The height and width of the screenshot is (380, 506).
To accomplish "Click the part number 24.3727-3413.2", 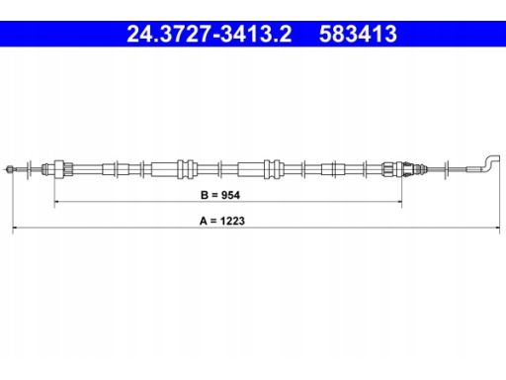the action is pos(210,34).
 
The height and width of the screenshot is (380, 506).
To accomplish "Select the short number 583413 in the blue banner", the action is pos(358,34).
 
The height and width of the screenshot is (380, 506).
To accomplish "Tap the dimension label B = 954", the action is pos(220,195).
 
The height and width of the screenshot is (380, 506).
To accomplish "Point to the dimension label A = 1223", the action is pos(222,221).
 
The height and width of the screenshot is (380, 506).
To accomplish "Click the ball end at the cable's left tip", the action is pos(10,169).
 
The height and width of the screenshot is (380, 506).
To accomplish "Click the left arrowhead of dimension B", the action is pos(56,201).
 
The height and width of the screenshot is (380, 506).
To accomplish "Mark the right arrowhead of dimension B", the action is pos(399,201).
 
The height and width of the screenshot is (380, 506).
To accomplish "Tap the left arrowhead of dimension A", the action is pos(15,228).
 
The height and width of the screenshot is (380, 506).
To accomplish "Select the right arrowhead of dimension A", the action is pos(497,228).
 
